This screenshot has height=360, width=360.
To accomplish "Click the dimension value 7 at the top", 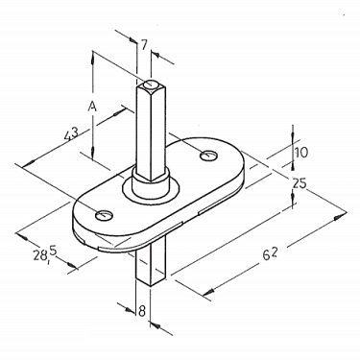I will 144,45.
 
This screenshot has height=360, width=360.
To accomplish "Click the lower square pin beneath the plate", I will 151,264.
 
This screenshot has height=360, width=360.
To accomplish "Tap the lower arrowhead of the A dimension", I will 92,159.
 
